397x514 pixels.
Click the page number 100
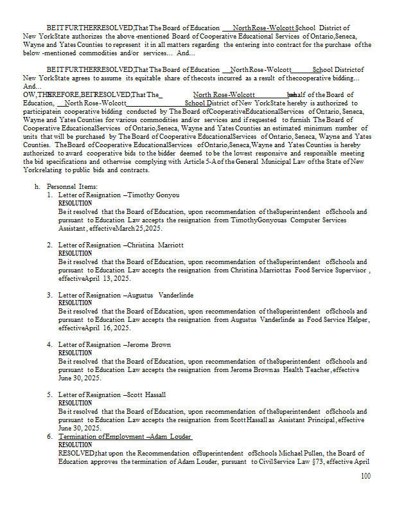point(366,476)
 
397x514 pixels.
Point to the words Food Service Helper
point(338,320)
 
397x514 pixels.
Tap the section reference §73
point(330,461)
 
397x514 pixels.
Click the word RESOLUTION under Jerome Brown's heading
point(75,353)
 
